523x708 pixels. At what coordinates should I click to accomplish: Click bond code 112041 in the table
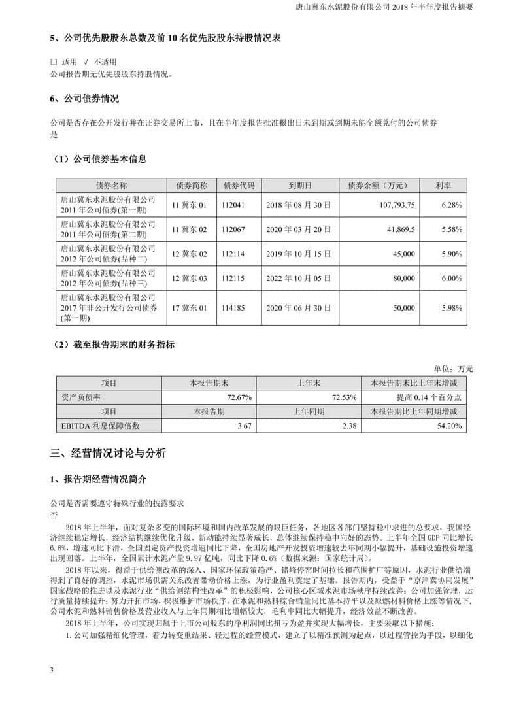pos(238,205)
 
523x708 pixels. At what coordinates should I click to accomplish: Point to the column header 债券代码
pos(238,185)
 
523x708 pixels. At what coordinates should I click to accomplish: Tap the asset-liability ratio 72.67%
pos(239,397)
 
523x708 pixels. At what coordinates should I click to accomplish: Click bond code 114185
pos(238,307)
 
